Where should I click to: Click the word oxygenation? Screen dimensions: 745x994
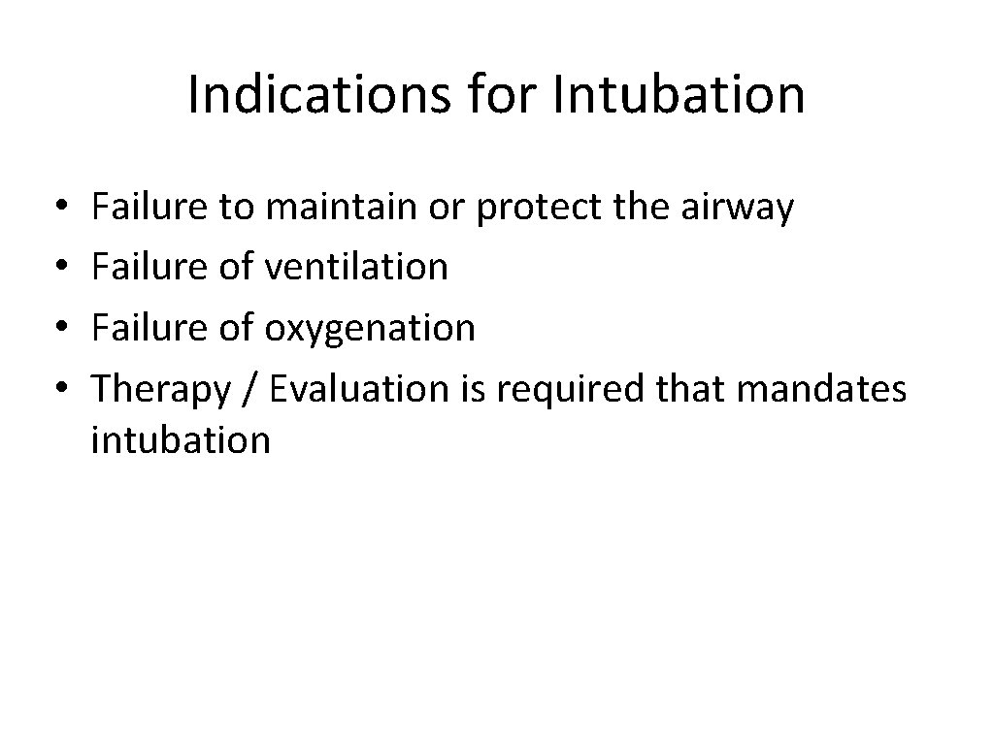370,328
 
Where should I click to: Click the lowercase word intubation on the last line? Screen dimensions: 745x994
181,439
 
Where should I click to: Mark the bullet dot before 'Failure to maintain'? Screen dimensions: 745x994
61,208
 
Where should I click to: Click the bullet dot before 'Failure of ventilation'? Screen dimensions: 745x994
61,266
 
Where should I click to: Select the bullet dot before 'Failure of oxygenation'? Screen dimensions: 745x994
61,328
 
